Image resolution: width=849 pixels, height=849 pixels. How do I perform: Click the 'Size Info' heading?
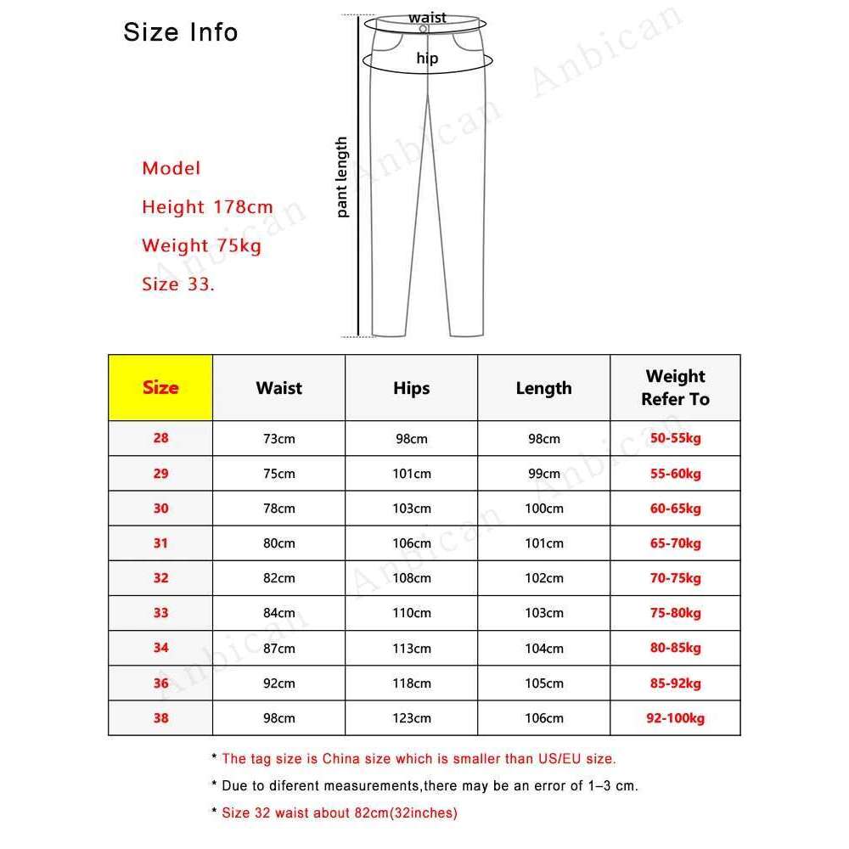(180, 32)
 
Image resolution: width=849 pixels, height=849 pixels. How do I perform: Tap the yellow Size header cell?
(160, 388)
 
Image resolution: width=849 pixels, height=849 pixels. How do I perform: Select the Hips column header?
(411, 388)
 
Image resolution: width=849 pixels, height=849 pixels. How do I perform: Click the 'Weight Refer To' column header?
(675, 388)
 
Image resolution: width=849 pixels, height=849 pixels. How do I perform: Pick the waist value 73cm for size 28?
(278, 439)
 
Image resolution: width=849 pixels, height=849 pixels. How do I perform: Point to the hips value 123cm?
(411, 718)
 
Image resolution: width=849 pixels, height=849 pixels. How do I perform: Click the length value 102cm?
(543, 578)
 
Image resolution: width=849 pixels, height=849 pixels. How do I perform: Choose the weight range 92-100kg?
(675, 718)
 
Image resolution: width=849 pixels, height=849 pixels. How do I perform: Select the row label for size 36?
(160, 683)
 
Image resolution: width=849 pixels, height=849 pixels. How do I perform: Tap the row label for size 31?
(160, 543)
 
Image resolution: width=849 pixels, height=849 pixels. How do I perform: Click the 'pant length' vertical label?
(342, 177)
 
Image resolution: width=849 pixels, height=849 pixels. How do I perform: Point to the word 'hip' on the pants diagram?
(427, 59)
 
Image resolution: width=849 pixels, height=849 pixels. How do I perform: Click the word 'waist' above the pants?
(427, 17)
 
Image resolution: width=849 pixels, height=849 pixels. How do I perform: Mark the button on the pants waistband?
(423, 29)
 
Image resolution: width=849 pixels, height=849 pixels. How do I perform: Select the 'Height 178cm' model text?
(207, 206)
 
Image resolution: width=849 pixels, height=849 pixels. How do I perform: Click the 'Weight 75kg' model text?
(201, 245)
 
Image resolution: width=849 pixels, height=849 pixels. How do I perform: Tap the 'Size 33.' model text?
(178, 284)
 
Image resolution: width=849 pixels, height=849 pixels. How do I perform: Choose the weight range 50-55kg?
(675, 439)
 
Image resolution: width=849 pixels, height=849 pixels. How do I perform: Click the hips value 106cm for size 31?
(411, 543)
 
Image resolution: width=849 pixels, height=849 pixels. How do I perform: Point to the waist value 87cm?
(278, 649)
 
